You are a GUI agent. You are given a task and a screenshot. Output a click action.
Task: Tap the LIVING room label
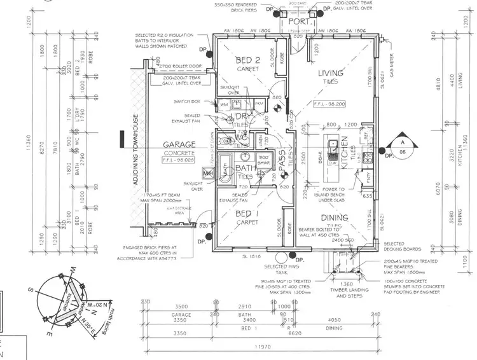pos(331,73)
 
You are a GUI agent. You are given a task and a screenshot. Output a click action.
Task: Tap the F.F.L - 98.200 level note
pos(330,103)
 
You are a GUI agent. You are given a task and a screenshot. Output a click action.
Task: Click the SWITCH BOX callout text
pos(187,101)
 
